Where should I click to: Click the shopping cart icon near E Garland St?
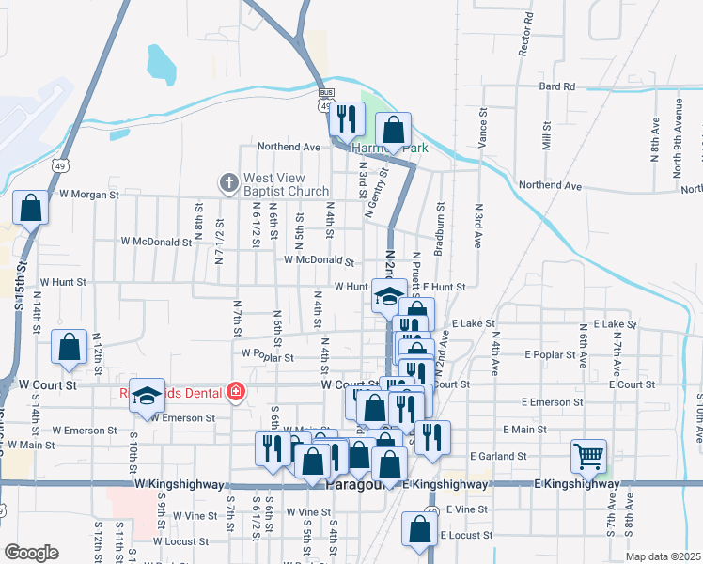[x=588, y=457]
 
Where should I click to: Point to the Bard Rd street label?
[x=557, y=86]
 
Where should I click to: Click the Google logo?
[x=30, y=553]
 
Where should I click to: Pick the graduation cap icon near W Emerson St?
[x=147, y=397]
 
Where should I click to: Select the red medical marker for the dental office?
[x=234, y=392]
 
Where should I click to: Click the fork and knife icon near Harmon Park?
[x=348, y=118]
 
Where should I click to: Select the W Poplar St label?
[x=268, y=356]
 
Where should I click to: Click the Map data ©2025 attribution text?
[x=663, y=556]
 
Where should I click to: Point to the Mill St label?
[x=546, y=142]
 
